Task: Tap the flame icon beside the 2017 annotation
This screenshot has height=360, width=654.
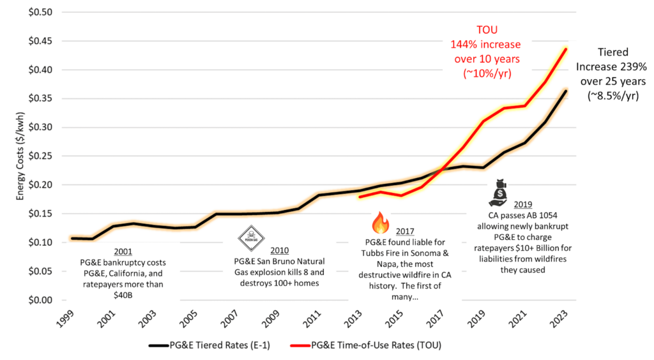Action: click(381, 223)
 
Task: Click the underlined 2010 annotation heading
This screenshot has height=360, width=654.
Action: click(279, 250)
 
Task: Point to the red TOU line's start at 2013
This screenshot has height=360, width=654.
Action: click(360, 197)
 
